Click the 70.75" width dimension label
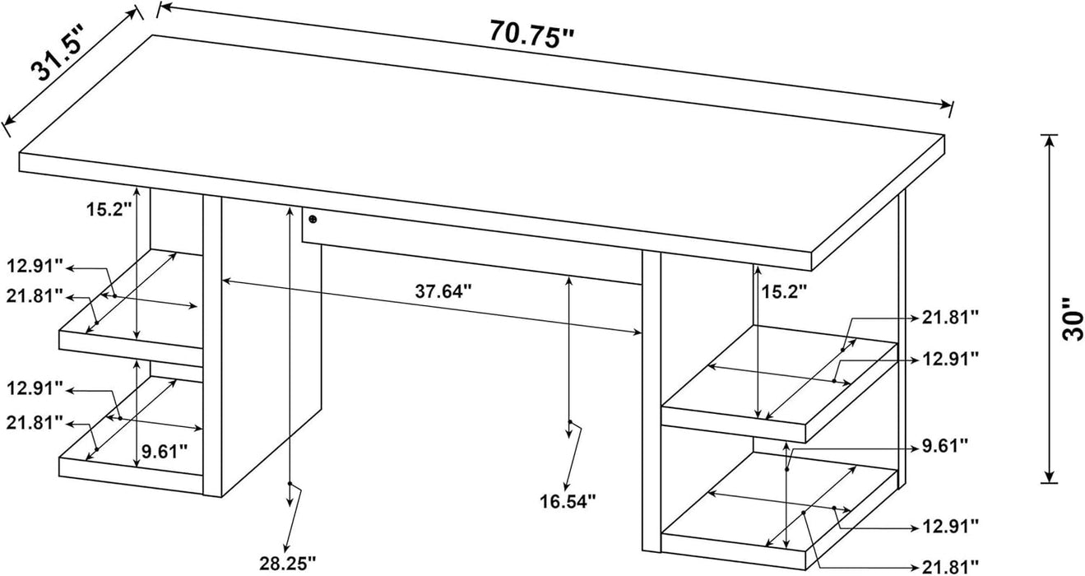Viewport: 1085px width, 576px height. point(531,34)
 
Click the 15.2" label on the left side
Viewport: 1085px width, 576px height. point(109,209)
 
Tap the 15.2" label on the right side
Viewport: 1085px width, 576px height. point(784,290)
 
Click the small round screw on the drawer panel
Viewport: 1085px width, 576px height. point(313,219)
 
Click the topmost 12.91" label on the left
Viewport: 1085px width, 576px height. point(35,266)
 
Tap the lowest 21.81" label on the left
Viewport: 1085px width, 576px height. point(35,422)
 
